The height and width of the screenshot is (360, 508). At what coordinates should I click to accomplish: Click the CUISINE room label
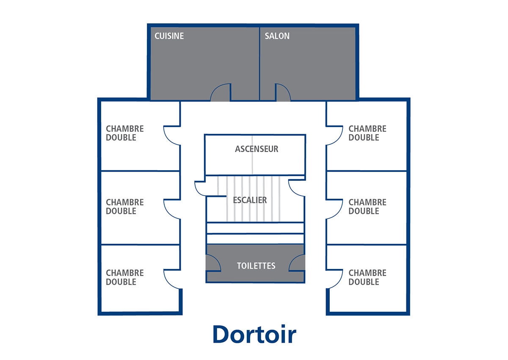[x=169, y=36]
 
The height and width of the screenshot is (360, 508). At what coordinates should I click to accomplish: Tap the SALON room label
[x=277, y=36]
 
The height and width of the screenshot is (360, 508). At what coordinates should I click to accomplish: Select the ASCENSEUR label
[x=257, y=149]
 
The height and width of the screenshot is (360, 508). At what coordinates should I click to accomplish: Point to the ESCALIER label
[x=250, y=200]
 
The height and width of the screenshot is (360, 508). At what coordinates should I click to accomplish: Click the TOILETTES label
[x=256, y=266]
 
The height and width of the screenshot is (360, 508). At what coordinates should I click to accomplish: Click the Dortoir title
[x=254, y=335]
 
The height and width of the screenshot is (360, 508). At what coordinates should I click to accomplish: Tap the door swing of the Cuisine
[x=221, y=93]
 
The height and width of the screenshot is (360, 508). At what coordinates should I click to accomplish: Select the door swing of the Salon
[x=282, y=93]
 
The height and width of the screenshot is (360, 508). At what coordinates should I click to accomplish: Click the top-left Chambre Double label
[x=125, y=133]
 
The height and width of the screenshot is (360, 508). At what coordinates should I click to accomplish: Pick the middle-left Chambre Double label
[x=125, y=207]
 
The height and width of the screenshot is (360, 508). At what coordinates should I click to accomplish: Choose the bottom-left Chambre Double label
[x=125, y=277]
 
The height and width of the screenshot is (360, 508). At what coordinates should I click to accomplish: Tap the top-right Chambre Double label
[x=367, y=133]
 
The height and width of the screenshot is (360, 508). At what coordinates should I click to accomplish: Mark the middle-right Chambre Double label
[x=367, y=207]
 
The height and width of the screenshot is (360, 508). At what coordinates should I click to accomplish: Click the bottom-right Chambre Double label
[x=367, y=277]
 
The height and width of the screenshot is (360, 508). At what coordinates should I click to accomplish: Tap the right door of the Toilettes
[x=297, y=263]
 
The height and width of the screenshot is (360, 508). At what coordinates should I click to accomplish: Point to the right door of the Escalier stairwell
[x=297, y=188]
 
